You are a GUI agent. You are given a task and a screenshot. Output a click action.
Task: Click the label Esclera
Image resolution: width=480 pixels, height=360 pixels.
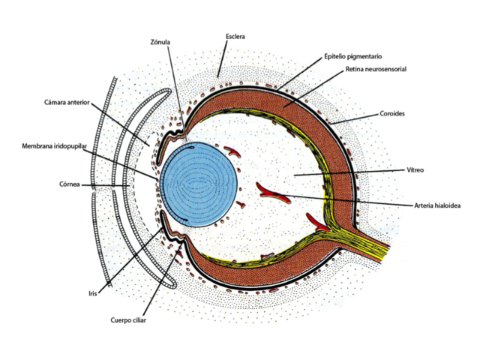pyautogui.click(x=235, y=35)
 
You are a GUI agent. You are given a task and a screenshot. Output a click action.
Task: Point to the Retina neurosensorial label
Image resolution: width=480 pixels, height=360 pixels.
pyautogui.click(x=376, y=69)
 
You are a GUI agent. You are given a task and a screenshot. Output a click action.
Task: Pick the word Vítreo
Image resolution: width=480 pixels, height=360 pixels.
pyautogui.click(x=415, y=170)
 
